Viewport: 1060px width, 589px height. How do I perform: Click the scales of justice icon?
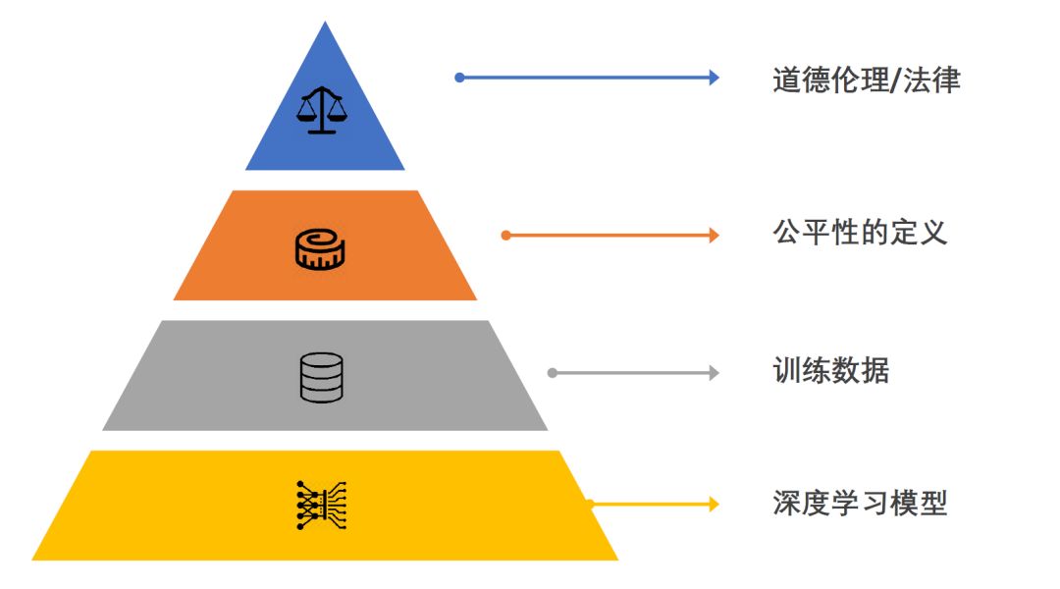(x=322, y=110)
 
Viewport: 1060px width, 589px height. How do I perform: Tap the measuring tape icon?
(x=321, y=249)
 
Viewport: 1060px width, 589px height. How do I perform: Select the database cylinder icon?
(x=322, y=377)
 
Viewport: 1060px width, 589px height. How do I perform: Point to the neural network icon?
(x=322, y=506)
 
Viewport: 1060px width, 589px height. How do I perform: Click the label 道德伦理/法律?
(x=866, y=80)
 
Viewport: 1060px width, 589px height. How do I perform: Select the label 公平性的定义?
(x=860, y=234)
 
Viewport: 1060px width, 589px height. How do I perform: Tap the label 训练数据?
(x=831, y=371)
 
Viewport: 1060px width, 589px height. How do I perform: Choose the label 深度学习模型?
(x=860, y=504)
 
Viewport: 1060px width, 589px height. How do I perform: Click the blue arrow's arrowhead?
(x=715, y=78)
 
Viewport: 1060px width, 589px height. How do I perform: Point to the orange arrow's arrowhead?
(x=715, y=235)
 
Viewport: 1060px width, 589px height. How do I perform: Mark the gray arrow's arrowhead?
(x=715, y=373)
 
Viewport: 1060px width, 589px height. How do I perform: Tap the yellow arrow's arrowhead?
(x=715, y=504)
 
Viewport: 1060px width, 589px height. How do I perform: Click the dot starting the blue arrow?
(x=459, y=78)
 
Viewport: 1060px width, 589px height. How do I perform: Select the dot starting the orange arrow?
(x=505, y=235)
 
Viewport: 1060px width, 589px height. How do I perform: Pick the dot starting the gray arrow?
(x=553, y=373)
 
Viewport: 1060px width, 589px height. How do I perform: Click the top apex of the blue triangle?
(x=325, y=23)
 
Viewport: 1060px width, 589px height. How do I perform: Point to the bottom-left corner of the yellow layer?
(x=33, y=560)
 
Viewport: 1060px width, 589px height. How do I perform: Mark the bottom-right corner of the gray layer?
(x=547, y=429)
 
